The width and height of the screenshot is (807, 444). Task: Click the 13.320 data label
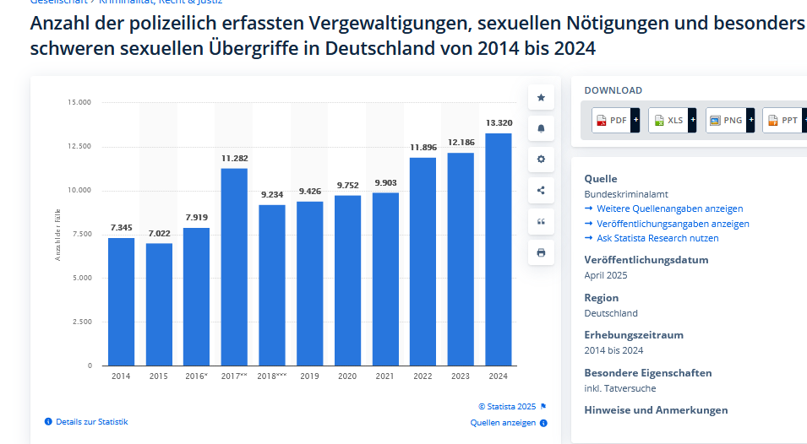(x=499, y=123)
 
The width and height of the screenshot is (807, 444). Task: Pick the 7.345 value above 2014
(x=121, y=228)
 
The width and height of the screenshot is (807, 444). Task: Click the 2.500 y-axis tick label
(x=82, y=322)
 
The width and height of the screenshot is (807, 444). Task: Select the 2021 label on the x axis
(x=385, y=376)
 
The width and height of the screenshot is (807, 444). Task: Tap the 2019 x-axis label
(x=309, y=376)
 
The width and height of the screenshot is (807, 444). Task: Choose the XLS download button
(x=669, y=121)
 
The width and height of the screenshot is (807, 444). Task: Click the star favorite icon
(x=541, y=97)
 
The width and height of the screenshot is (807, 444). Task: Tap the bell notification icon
(x=541, y=128)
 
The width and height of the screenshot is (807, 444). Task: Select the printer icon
(x=541, y=252)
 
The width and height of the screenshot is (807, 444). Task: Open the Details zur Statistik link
(x=91, y=421)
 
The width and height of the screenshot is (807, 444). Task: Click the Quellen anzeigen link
(x=503, y=423)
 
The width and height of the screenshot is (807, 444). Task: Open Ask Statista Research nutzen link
(x=657, y=238)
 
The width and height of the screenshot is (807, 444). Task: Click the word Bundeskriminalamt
(x=626, y=194)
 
